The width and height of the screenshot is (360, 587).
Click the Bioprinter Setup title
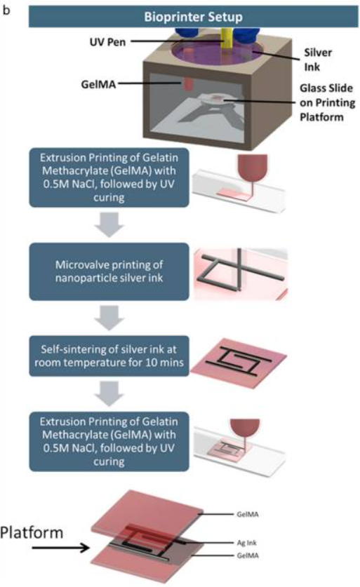193,17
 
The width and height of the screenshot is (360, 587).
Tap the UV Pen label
107,41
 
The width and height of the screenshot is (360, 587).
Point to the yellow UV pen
227,38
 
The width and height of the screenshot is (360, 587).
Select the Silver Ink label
318,60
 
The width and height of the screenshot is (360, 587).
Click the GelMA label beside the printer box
98,84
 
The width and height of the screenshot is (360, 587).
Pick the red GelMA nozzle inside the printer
188,83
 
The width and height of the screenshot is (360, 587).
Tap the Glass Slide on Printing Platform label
327,102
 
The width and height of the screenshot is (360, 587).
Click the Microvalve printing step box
109,271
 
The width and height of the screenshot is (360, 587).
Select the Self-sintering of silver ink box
109,356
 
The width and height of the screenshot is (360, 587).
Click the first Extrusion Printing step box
109,177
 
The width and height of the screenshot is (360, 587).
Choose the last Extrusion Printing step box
109,441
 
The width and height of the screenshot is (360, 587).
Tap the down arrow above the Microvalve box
109,224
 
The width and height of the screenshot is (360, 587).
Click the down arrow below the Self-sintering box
109,393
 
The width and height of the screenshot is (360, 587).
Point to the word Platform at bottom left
32,532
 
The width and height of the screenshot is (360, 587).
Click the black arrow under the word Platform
60,548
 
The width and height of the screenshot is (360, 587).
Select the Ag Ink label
247,542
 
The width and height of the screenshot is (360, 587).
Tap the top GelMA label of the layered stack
248,514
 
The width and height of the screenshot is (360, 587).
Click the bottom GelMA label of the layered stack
248,555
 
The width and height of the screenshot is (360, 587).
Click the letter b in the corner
6,10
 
